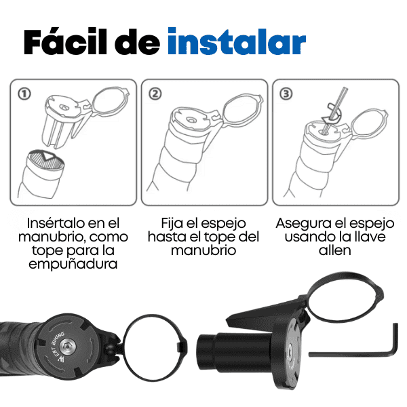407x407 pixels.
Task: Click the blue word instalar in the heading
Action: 236,42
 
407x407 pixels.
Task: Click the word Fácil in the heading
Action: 63,42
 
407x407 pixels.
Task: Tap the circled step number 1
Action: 24,93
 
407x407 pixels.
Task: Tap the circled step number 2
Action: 155,93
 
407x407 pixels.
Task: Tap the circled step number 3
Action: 286,93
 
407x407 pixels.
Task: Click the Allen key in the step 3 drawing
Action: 334,109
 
